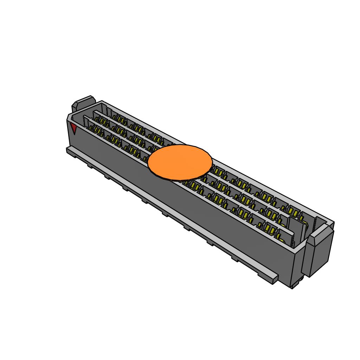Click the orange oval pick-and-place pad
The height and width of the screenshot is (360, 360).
pos(180,162)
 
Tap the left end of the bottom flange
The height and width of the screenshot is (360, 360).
pos(68,150)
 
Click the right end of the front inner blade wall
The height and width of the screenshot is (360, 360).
pos(292,239)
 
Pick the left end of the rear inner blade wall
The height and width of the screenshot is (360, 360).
pos(95,114)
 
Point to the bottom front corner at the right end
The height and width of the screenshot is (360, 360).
pos(292,287)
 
